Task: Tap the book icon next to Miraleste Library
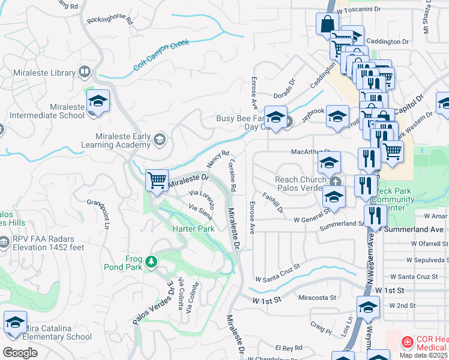pyautogui.click(x=85, y=73)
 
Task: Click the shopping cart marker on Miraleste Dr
pyautogui.click(x=157, y=179)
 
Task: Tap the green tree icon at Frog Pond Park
pyautogui.click(x=152, y=260)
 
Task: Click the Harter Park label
pyautogui.click(x=193, y=229)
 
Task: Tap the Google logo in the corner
pyautogui.click(x=20, y=352)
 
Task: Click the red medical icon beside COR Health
pyautogui.click(x=406, y=341)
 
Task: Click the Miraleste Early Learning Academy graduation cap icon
pyautogui.click(x=159, y=140)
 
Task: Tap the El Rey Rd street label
pyautogui.click(x=289, y=348)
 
